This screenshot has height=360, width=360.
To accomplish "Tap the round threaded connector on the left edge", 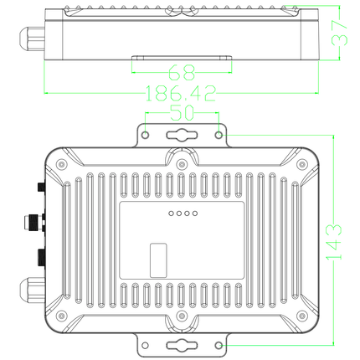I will [x=31, y=222].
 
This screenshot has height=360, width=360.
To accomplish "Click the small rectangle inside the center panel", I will [x=157, y=260].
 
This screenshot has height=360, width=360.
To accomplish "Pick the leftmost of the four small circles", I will [x=170, y=214].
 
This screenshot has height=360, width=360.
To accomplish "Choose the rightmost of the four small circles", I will [x=195, y=214].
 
